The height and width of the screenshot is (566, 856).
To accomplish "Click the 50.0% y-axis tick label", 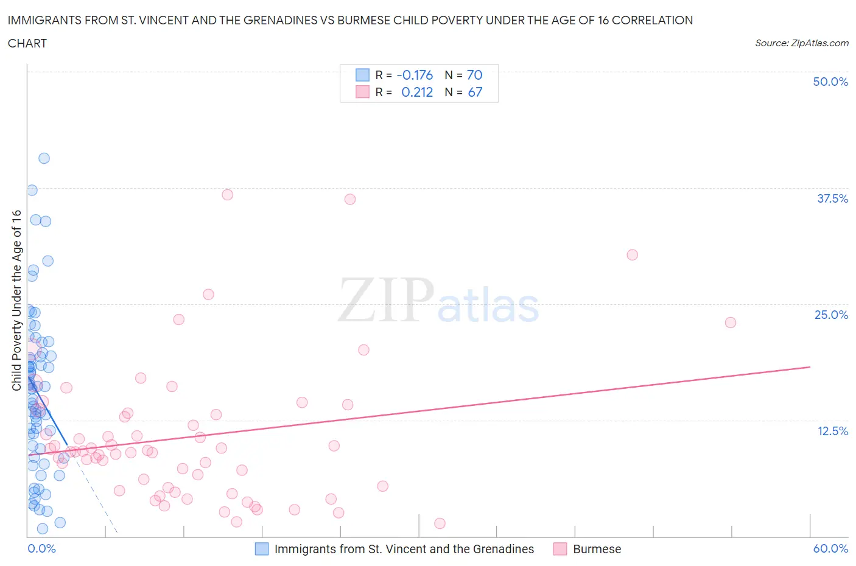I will point(830,82).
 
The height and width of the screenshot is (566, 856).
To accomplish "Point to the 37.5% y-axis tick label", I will point(832,198).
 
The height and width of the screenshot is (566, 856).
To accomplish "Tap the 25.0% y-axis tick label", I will point(831,315).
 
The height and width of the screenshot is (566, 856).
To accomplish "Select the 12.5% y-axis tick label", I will point(832,431).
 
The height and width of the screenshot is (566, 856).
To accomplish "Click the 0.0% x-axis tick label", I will point(41,548).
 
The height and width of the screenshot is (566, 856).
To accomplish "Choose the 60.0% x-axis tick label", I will point(830,548).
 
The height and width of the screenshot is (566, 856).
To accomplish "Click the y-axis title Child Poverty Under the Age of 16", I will point(16,300).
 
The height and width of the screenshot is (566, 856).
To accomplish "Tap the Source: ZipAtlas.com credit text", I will point(801,43).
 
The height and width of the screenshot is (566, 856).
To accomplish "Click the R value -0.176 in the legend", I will point(415,75).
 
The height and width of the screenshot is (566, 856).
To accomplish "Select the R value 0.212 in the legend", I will point(417,92).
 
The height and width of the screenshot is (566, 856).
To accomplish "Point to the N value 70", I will point(474,75).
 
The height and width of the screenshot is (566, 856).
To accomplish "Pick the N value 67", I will point(475,92).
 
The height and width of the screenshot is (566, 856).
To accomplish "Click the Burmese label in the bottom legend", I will point(597,549).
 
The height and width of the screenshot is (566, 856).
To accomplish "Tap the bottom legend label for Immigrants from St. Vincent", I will point(404,549).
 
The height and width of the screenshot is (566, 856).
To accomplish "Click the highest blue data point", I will point(44,158).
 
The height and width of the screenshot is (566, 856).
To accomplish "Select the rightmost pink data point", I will point(731,323).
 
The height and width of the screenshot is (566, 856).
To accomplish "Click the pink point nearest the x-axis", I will point(440,523).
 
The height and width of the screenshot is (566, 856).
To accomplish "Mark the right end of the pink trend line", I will point(810,367).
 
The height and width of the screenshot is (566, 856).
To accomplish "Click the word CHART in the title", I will point(27,43).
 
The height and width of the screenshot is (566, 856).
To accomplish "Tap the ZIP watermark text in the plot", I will point(386,300).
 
